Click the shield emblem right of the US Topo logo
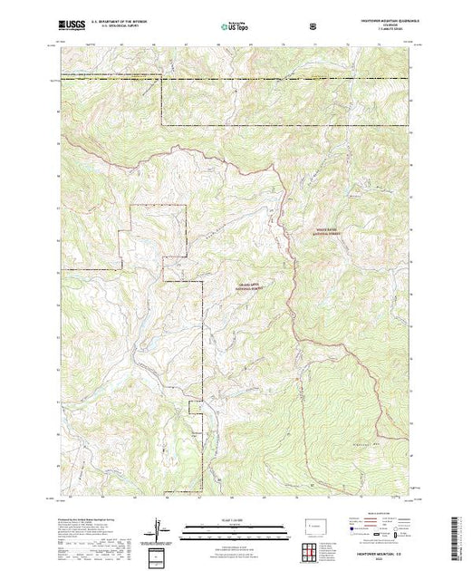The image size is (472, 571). [313, 24]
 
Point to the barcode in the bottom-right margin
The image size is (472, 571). [462, 535]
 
